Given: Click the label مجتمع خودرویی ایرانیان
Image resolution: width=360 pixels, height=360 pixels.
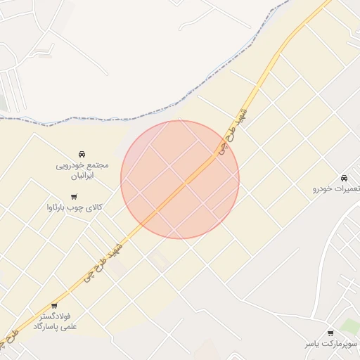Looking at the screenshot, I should click(82, 169).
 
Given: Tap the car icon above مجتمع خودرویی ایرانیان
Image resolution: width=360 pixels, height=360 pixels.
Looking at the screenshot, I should click(82, 154).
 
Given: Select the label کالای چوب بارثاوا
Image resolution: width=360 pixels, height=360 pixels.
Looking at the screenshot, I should click(74, 207).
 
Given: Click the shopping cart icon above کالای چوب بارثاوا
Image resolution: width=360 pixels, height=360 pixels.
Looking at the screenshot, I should click(74, 197).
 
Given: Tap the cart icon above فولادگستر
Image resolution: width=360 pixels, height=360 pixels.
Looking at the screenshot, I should click(54, 306).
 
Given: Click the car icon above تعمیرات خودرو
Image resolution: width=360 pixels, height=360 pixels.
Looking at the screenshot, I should click(343, 178).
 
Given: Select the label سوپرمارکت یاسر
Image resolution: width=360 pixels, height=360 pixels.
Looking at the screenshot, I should click(331, 344).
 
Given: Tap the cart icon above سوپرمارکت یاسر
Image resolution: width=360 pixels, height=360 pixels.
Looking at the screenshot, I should click(330, 333).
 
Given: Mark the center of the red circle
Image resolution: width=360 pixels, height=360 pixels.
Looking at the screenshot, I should click(180, 180).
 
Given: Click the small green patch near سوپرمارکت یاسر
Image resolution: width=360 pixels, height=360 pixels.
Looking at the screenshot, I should click(350, 326).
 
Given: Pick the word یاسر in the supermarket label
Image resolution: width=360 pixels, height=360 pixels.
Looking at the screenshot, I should click(313, 344).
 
